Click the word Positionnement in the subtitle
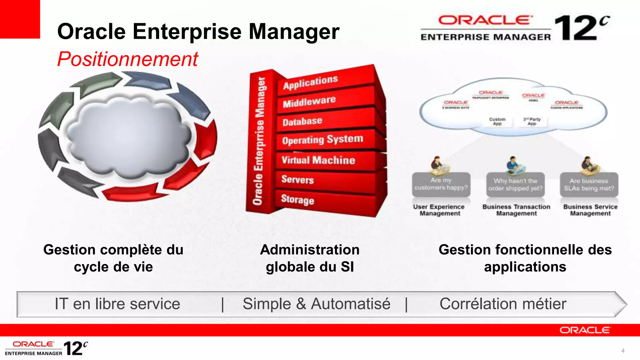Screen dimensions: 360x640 coord(127,59)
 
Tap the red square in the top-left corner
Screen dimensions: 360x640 coord(20,19)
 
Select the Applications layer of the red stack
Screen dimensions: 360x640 coord(310,82)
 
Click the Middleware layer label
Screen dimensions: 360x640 coord(309,102)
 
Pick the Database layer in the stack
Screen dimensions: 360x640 coord(302,121)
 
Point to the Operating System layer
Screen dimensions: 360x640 coord(322,140)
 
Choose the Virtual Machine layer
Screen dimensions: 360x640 coord(318,160)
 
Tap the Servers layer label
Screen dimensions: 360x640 coord(297,179)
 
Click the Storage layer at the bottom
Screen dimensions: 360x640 coord(297,199)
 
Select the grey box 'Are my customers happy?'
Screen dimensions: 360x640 coord(441,184)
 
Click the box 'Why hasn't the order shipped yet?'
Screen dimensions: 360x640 coord(515,185)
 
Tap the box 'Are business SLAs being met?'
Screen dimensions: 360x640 coord(589,185)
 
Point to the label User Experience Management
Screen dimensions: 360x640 coord(439,210)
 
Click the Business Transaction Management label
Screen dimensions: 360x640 coord(516,210)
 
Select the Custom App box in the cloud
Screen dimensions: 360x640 coord(497,122)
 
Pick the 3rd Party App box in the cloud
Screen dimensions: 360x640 coord(532,122)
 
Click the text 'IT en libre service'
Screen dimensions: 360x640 coord(117,304)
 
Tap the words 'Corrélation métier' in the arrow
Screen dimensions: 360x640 coord(503,304)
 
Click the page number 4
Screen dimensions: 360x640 coord(623,351)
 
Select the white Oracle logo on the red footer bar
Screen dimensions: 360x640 coord(584,330)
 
